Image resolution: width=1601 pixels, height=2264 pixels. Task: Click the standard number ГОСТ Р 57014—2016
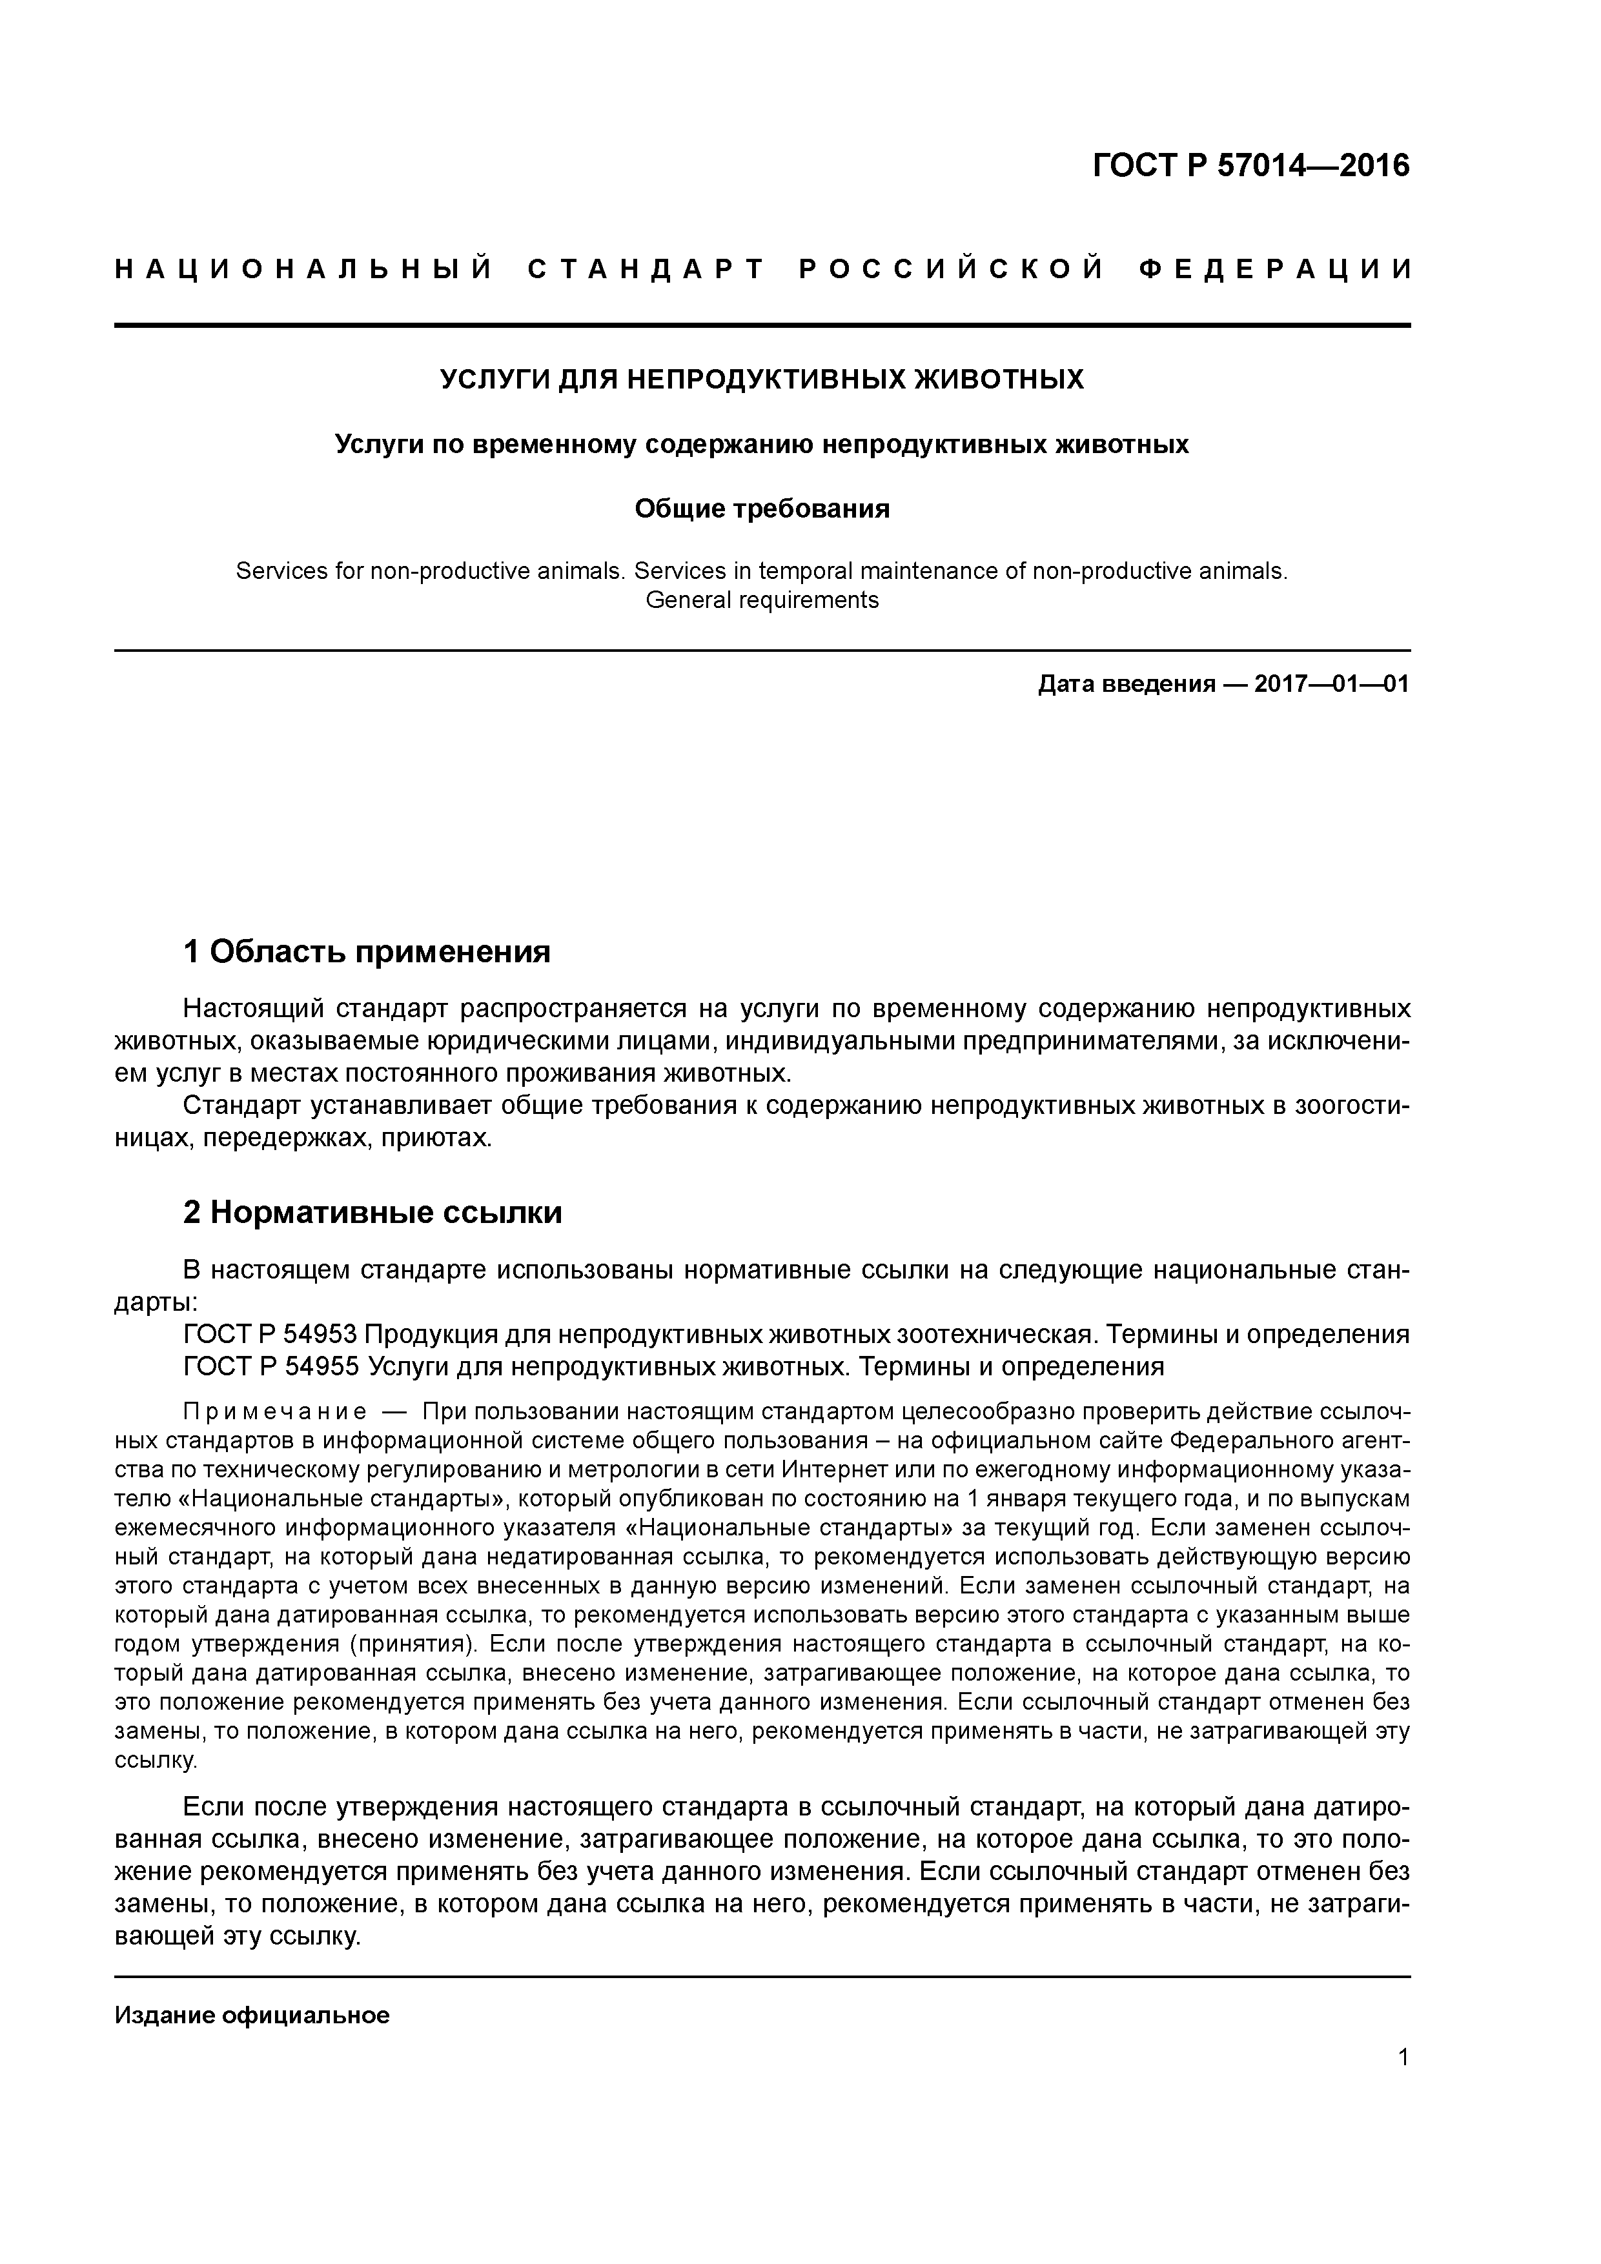click(x=1251, y=166)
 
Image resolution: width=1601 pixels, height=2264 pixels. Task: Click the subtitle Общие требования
click(x=762, y=509)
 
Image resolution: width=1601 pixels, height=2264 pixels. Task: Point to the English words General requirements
click(x=762, y=600)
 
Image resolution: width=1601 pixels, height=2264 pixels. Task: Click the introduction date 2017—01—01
click(x=1332, y=684)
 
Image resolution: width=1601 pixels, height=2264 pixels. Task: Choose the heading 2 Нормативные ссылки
click(x=373, y=1212)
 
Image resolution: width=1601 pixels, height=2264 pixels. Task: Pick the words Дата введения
click(x=1125, y=684)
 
